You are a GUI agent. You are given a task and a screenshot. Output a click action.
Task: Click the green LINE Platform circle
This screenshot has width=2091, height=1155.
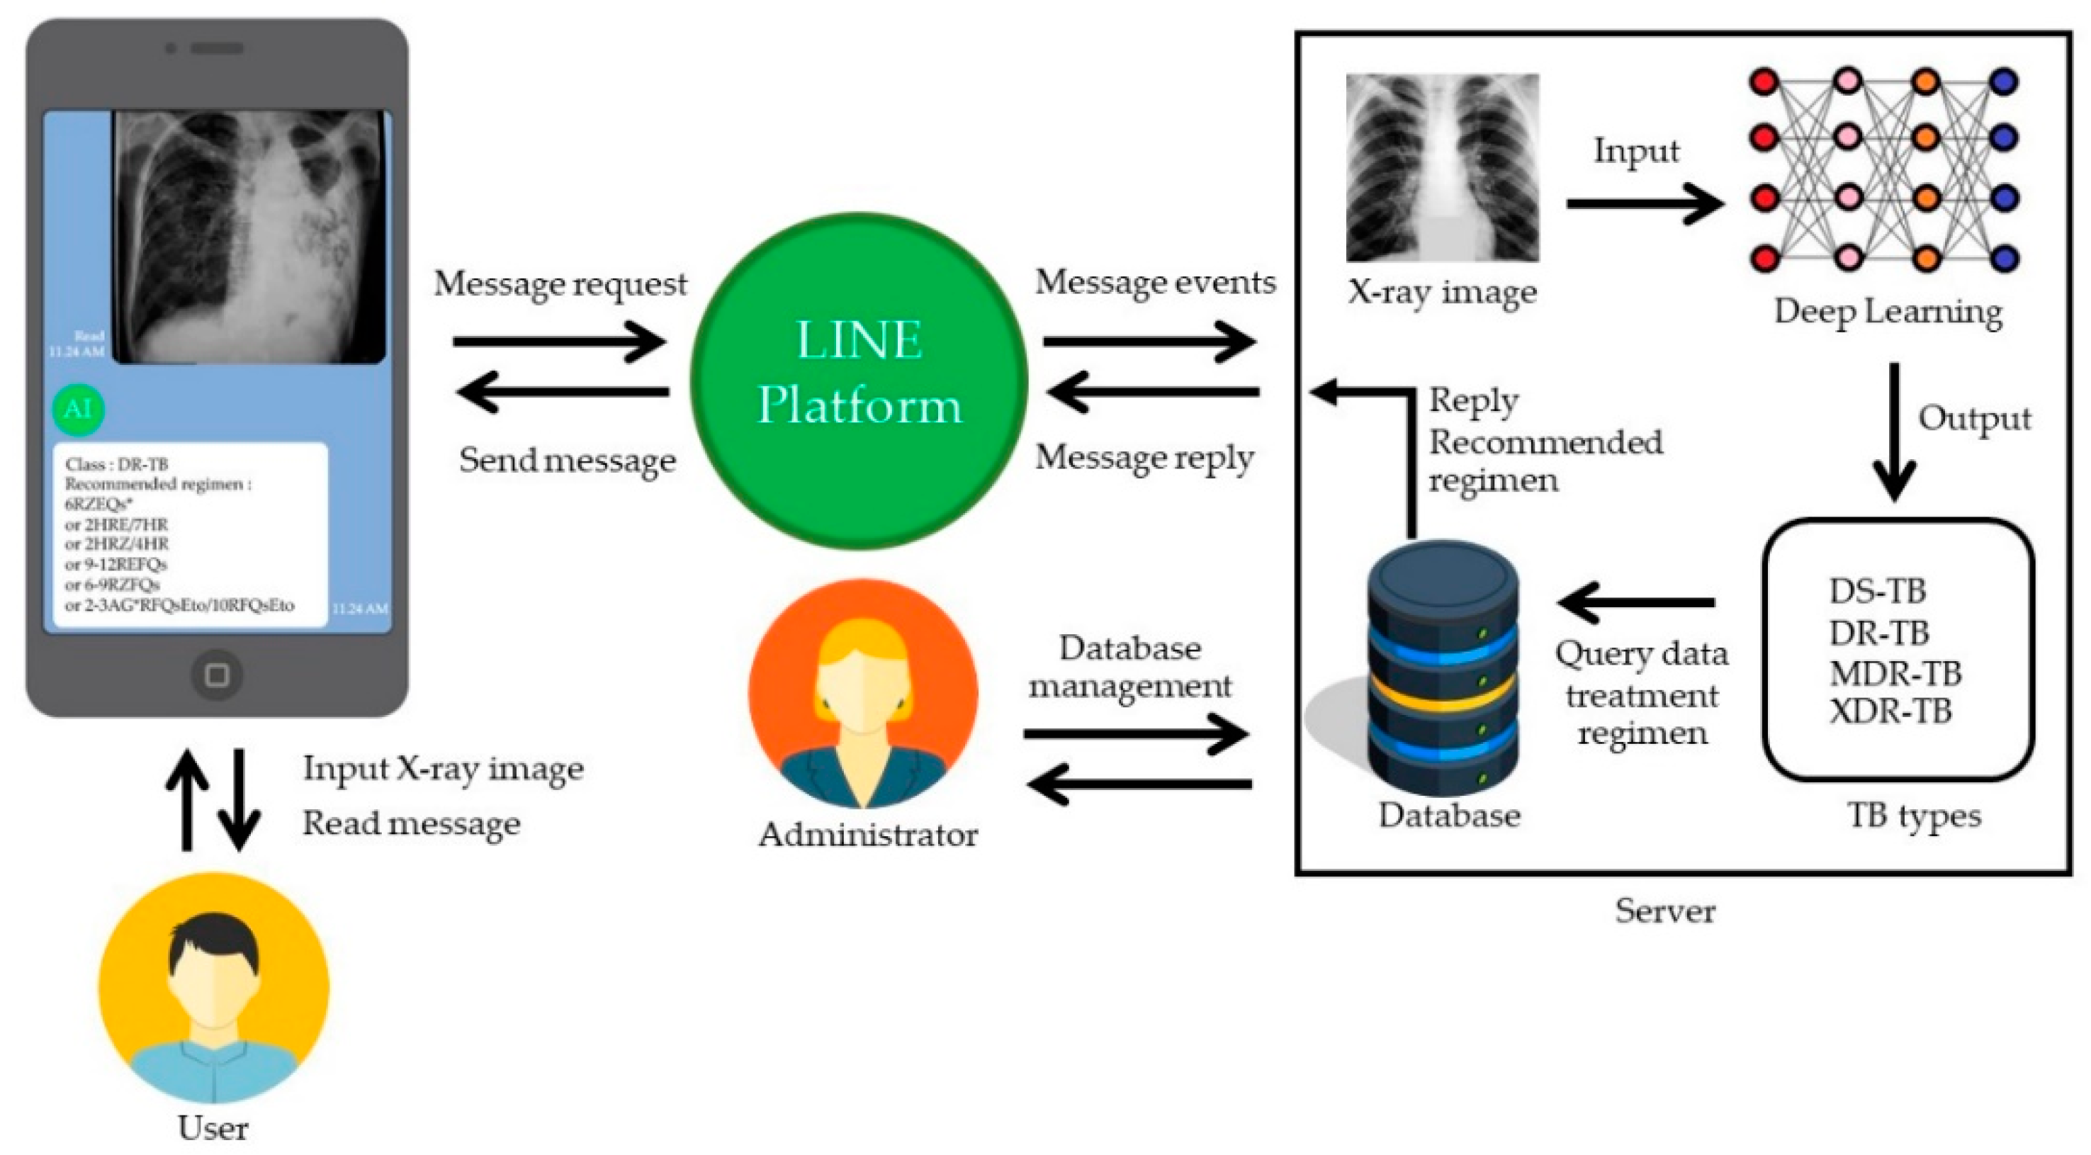pos(859,381)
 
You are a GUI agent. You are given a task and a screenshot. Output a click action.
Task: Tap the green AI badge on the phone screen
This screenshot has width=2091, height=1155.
pos(78,409)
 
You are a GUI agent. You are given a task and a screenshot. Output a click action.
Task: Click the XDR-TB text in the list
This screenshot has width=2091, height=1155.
pos(1890,712)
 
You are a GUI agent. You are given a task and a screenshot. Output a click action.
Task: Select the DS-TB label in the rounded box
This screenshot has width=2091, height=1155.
pos(1877,591)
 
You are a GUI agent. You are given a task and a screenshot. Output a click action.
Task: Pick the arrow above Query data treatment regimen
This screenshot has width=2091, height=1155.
pos(1636,602)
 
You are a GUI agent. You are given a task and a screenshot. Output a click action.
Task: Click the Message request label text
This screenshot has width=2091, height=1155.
pos(560,284)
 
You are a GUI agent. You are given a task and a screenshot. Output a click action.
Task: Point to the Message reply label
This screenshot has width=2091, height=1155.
pos(1144,458)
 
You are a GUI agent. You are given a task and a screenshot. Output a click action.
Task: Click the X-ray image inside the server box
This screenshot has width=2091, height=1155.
pos(1443,167)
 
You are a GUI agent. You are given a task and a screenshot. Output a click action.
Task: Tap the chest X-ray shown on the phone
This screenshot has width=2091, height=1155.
pos(249,236)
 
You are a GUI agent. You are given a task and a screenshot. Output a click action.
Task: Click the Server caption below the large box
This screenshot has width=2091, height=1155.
pos(1665,911)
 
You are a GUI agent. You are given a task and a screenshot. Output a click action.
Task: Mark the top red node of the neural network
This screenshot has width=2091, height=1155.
pos(1764,82)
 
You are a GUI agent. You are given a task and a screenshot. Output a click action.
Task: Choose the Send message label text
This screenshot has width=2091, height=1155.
pos(567,460)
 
